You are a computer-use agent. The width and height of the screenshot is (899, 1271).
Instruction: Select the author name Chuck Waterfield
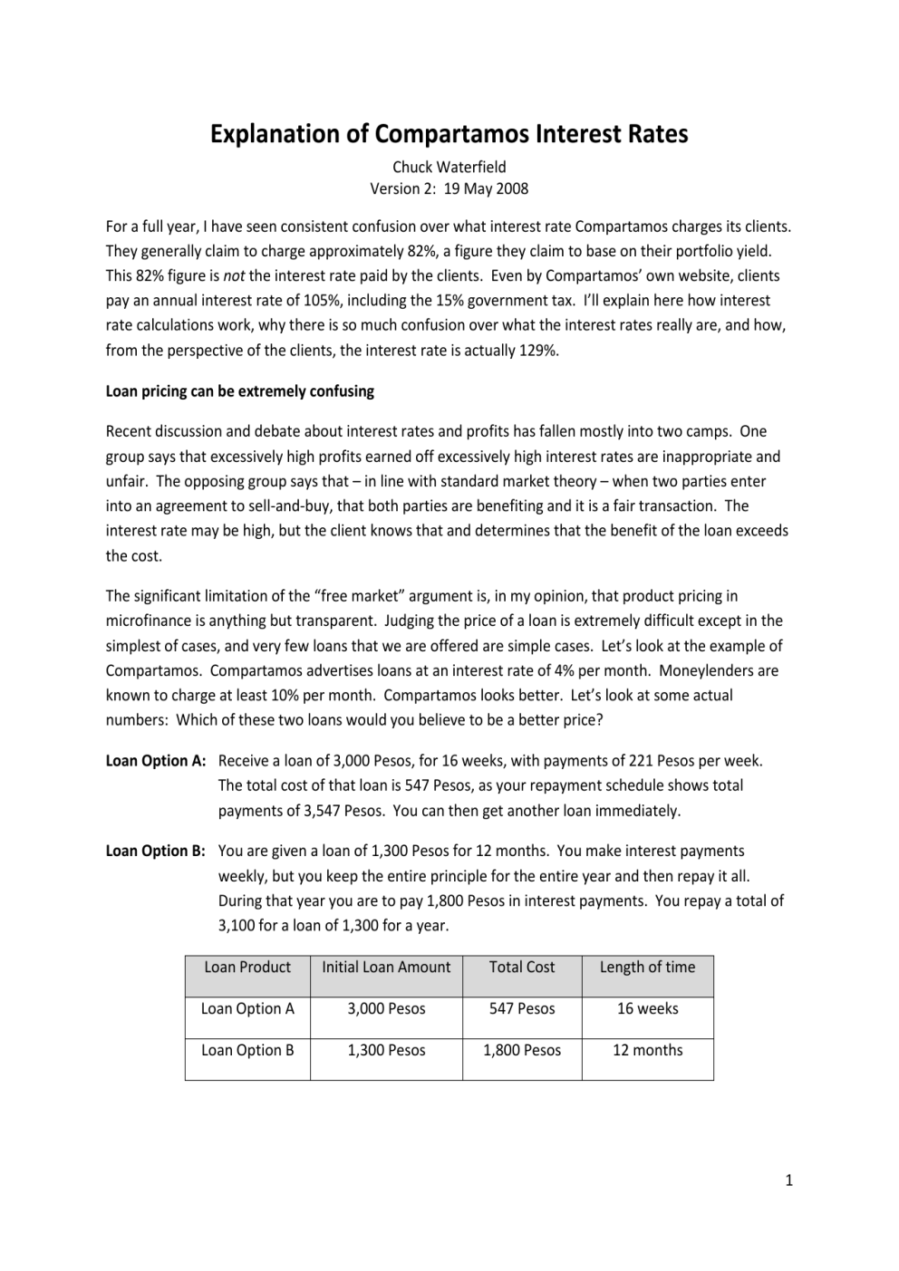tap(449, 167)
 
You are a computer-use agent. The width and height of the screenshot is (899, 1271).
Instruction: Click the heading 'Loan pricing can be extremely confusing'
tap(240, 391)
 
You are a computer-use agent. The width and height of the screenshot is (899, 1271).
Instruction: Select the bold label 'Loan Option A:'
tap(156, 760)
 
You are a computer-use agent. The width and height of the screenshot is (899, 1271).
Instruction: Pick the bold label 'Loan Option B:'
tap(156, 851)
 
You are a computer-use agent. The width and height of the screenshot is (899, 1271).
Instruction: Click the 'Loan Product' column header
tap(247, 967)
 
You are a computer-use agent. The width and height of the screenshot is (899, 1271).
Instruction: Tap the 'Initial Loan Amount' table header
tap(386, 967)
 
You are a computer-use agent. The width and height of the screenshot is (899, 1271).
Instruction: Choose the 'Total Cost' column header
tap(522, 967)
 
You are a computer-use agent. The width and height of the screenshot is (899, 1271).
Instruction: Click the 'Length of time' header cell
tap(647, 967)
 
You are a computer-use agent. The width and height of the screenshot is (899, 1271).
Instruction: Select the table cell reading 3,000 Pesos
tap(386, 1008)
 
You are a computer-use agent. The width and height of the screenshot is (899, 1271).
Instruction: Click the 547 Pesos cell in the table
tap(522, 1008)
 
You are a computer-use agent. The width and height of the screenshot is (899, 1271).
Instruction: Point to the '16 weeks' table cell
tap(647, 1008)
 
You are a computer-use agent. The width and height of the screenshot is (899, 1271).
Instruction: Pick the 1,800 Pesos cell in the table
tap(522, 1050)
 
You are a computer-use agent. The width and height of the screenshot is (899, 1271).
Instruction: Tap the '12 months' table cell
tap(647, 1050)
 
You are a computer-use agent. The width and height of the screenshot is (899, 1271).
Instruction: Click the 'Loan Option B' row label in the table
tap(247, 1050)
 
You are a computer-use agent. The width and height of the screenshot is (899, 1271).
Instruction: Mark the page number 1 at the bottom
tap(788, 1180)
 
